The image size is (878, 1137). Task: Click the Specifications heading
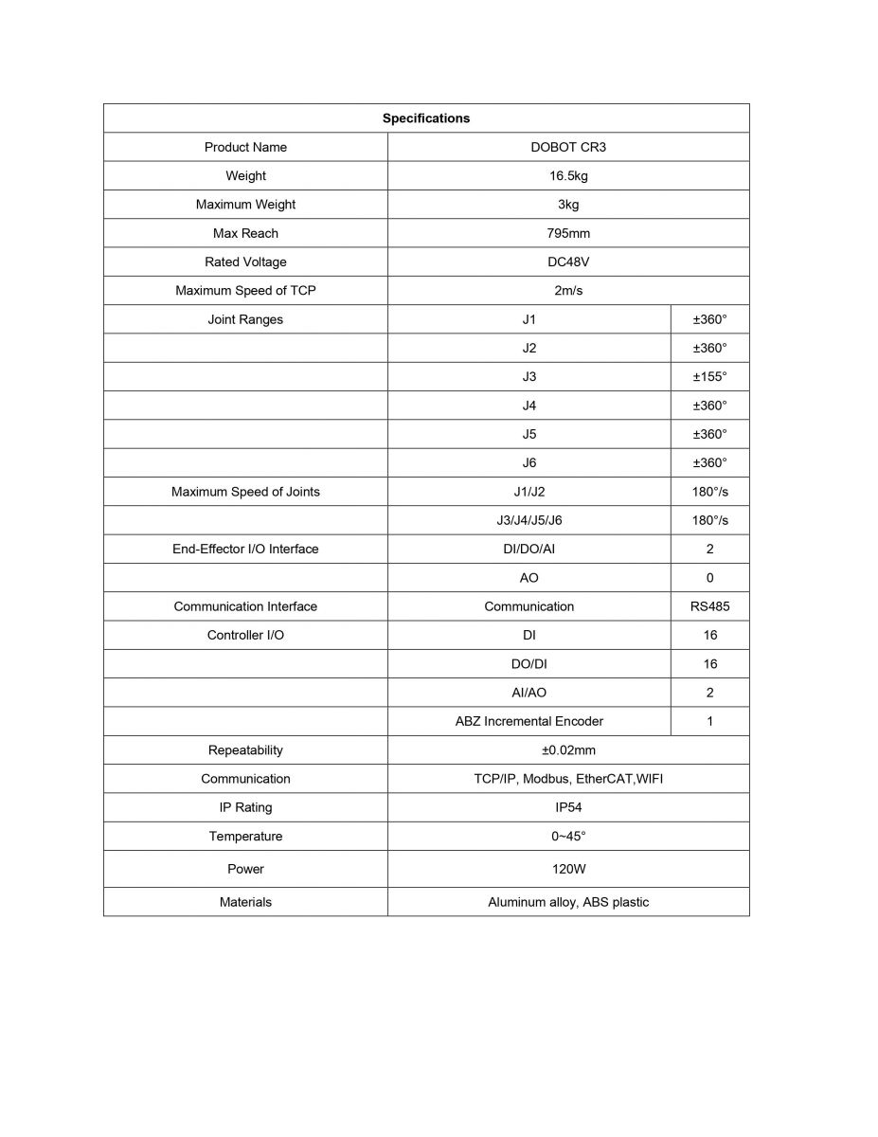(426, 118)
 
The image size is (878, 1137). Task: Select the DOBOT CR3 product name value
(568, 147)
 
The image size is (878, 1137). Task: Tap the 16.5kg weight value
(568, 175)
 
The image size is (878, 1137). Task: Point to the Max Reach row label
(245, 233)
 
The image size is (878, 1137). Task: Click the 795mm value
(568, 233)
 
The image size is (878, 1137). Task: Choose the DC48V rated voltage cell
(568, 262)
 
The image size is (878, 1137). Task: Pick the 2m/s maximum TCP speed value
(568, 291)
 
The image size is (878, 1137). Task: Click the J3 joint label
(529, 377)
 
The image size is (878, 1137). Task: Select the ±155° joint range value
(709, 377)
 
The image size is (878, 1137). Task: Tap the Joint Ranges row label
(245, 319)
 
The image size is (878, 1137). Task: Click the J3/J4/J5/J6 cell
(529, 520)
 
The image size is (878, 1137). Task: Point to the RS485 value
(709, 606)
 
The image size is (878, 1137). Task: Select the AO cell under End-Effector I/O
(529, 578)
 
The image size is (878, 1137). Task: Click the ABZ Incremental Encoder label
(529, 721)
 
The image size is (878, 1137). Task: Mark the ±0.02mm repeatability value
(568, 750)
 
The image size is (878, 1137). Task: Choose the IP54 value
(568, 807)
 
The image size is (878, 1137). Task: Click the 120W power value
(568, 869)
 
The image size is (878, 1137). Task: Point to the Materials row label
(245, 902)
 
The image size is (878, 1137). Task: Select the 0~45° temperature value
(568, 837)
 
